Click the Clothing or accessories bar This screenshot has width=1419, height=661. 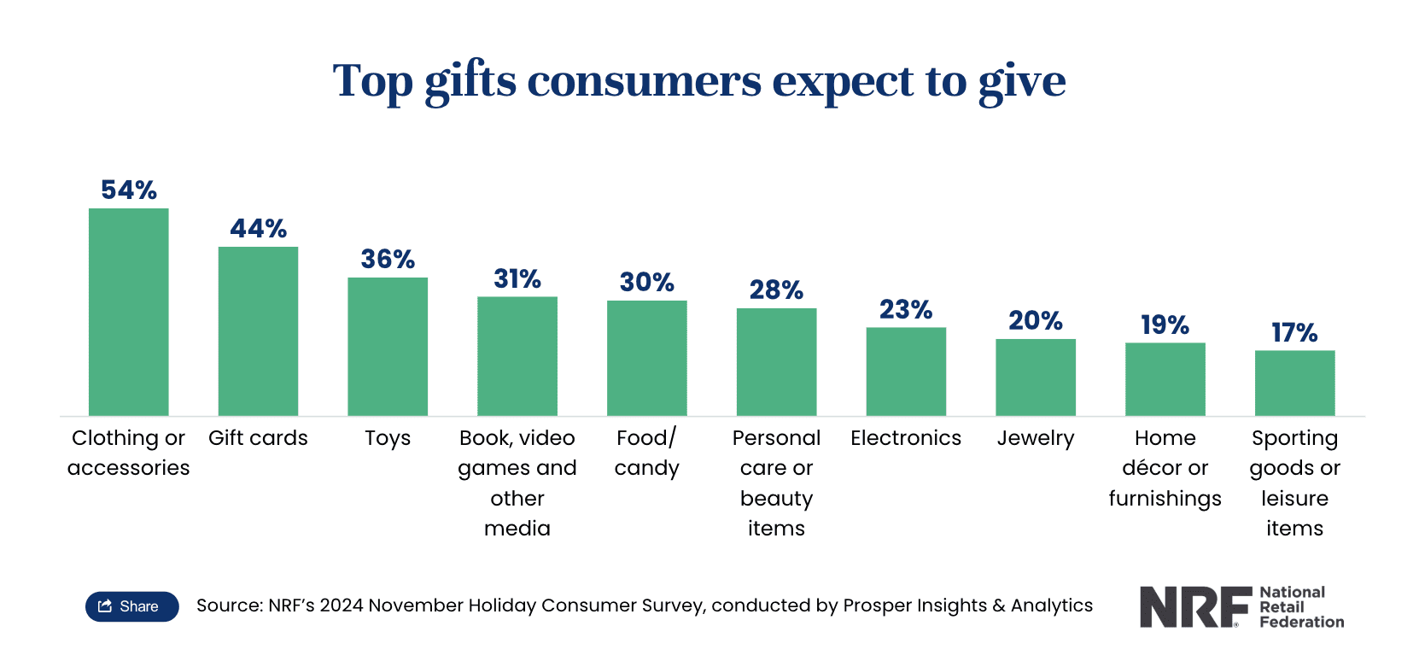(x=128, y=312)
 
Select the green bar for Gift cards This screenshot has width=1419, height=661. (x=258, y=331)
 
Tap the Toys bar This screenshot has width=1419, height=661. (x=388, y=347)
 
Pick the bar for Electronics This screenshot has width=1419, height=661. (x=906, y=371)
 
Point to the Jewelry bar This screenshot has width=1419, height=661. (x=1036, y=377)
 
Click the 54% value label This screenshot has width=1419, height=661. (x=129, y=190)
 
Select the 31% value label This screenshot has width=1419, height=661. (x=517, y=278)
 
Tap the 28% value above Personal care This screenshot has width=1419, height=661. (x=776, y=290)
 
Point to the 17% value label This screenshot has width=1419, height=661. (x=1294, y=332)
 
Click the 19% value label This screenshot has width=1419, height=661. (x=1165, y=325)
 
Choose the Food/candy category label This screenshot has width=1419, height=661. (x=646, y=453)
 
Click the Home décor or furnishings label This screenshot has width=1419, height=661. (x=1165, y=468)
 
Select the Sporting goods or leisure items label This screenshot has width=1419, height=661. (x=1294, y=483)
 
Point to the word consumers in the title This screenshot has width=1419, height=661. (x=644, y=81)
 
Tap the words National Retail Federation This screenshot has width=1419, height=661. (x=1301, y=607)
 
